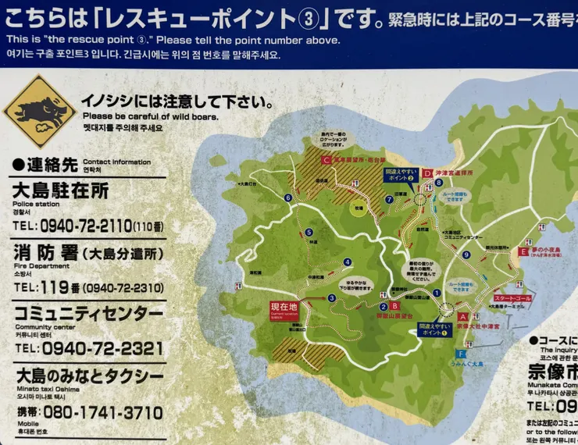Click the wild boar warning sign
39,112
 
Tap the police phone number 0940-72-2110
86,226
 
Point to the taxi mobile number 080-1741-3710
102,412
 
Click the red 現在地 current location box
284,308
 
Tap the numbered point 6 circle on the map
288,198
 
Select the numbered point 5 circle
309,232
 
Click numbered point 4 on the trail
348,262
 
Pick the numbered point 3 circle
332,297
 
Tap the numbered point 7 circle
389,199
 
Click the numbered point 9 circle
466,255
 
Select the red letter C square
326,159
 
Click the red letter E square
523,251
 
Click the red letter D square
427,173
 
